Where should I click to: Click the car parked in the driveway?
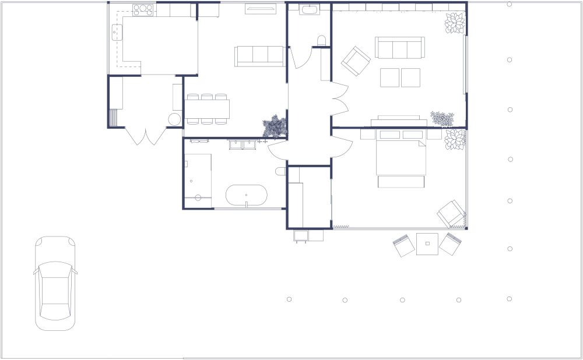coord(55,283)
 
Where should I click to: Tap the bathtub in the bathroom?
coord(247,196)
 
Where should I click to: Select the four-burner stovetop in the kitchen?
coord(143,10)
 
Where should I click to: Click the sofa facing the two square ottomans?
coord(400,48)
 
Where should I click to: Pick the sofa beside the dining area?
coord(259,56)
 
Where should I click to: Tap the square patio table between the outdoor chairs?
coord(427,243)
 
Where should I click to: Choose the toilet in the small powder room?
coord(321,41)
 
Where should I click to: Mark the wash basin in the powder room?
coord(309,9)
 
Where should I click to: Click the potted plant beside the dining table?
coord(274,126)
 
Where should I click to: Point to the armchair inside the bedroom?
coord(452,214)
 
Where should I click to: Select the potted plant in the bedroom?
coord(455,140)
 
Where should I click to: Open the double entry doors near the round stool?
coord(146,136)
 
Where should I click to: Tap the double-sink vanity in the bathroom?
coord(244,143)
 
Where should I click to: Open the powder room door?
coord(300,58)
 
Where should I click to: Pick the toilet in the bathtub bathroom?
coord(280,171)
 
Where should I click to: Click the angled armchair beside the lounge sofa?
coord(356,61)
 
